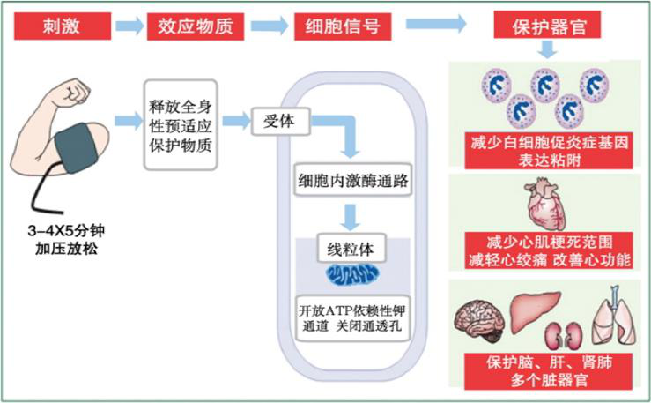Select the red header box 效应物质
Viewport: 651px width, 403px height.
click(195, 26)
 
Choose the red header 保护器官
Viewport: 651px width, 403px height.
click(544, 26)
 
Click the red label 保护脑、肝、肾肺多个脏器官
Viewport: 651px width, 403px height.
click(543, 371)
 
